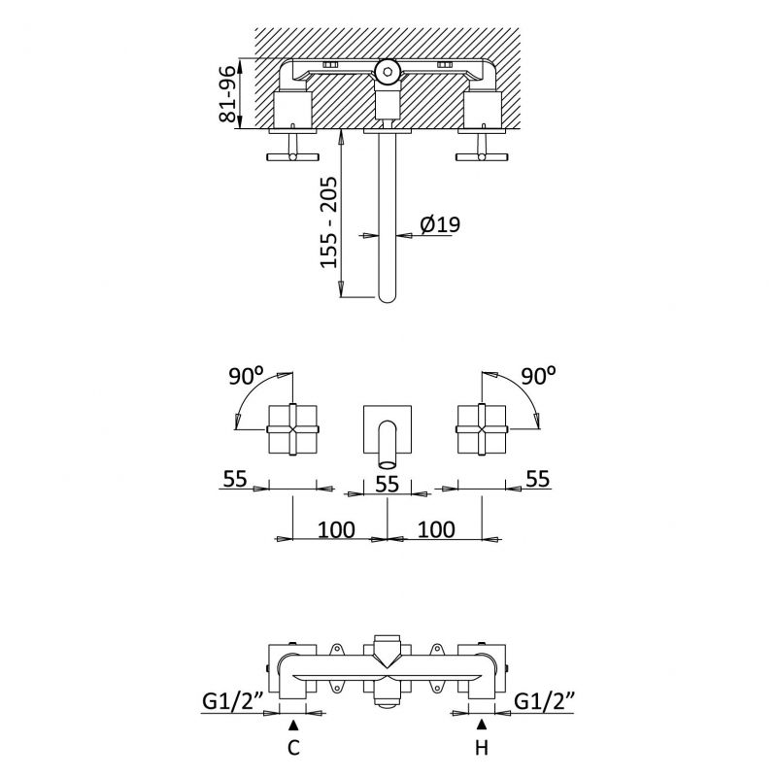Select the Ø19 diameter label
(440, 224)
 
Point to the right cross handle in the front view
(483, 429)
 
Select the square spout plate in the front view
(388, 427)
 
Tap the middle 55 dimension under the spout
(388, 484)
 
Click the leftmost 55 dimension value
(234, 478)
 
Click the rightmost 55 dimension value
(540, 478)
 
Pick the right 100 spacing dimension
(436, 529)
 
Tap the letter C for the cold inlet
(293, 748)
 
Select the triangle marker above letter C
(293, 724)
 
